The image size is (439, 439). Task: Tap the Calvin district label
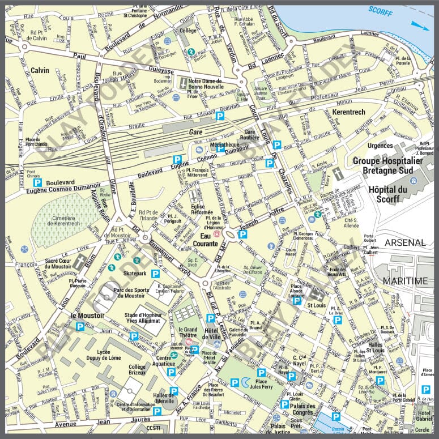pyautogui.click(x=40, y=70)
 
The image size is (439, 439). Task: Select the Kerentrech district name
pyautogui.click(x=344, y=112)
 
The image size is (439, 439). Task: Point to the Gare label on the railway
pyautogui.click(x=196, y=131)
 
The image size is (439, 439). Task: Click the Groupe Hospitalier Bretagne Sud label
pyautogui.click(x=388, y=165)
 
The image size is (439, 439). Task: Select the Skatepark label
pyautogui.click(x=134, y=273)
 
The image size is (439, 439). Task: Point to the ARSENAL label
pyautogui.click(x=405, y=242)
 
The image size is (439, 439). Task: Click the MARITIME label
pyautogui.click(x=405, y=281)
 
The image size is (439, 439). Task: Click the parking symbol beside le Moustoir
pyautogui.click(x=80, y=326)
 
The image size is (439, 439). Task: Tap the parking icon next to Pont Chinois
pyautogui.click(x=37, y=182)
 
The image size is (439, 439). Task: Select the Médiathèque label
pyautogui.click(x=224, y=145)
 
